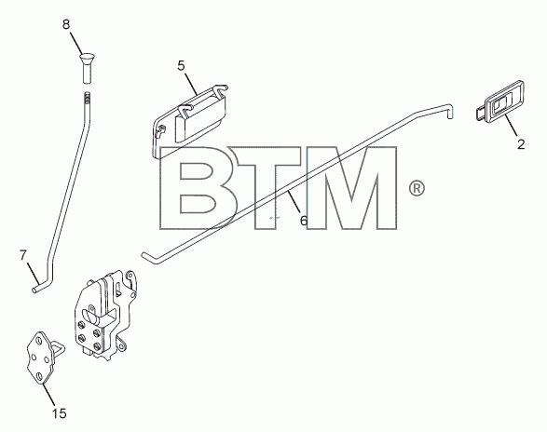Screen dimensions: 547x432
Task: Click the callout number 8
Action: click(66, 25)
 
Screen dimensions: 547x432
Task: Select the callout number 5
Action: click(181, 65)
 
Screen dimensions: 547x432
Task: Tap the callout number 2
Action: click(521, 144)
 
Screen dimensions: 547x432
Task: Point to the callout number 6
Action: click(304, 221)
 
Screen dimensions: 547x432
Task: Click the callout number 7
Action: click(23, 256)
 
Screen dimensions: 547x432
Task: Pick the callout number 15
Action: click(60, 413)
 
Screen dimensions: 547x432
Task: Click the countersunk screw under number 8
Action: click(87, 68)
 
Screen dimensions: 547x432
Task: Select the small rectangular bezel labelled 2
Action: click(499, 102)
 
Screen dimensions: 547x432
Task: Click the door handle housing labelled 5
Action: click(189, 121)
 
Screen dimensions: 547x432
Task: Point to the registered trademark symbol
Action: click(417, 189)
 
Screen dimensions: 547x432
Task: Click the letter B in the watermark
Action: click(198, 188)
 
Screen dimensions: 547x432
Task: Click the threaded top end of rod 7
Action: click(88, 98)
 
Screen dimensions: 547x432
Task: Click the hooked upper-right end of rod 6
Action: click(449, 111)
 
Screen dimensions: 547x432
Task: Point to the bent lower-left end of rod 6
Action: click(148, 257)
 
